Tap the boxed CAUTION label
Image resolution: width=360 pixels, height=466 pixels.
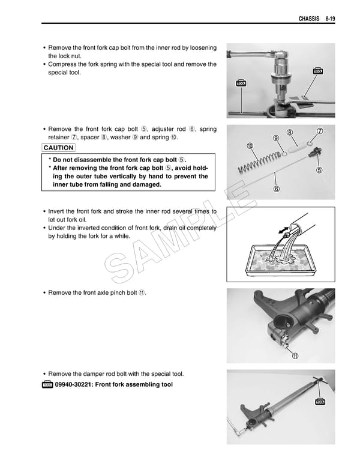[59, 148]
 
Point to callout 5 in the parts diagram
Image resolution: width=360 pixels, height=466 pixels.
[319, 170]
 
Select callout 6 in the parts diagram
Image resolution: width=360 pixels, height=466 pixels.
[277, 189]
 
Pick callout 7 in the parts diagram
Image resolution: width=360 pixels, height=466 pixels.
[320, 132]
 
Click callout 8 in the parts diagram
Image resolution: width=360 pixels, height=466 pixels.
[290, 133]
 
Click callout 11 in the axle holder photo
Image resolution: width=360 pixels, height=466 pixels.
[295, 356]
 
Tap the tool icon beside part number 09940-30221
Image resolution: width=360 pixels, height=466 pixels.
[49, 384]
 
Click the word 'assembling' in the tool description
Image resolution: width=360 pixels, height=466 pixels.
[137, 384]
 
